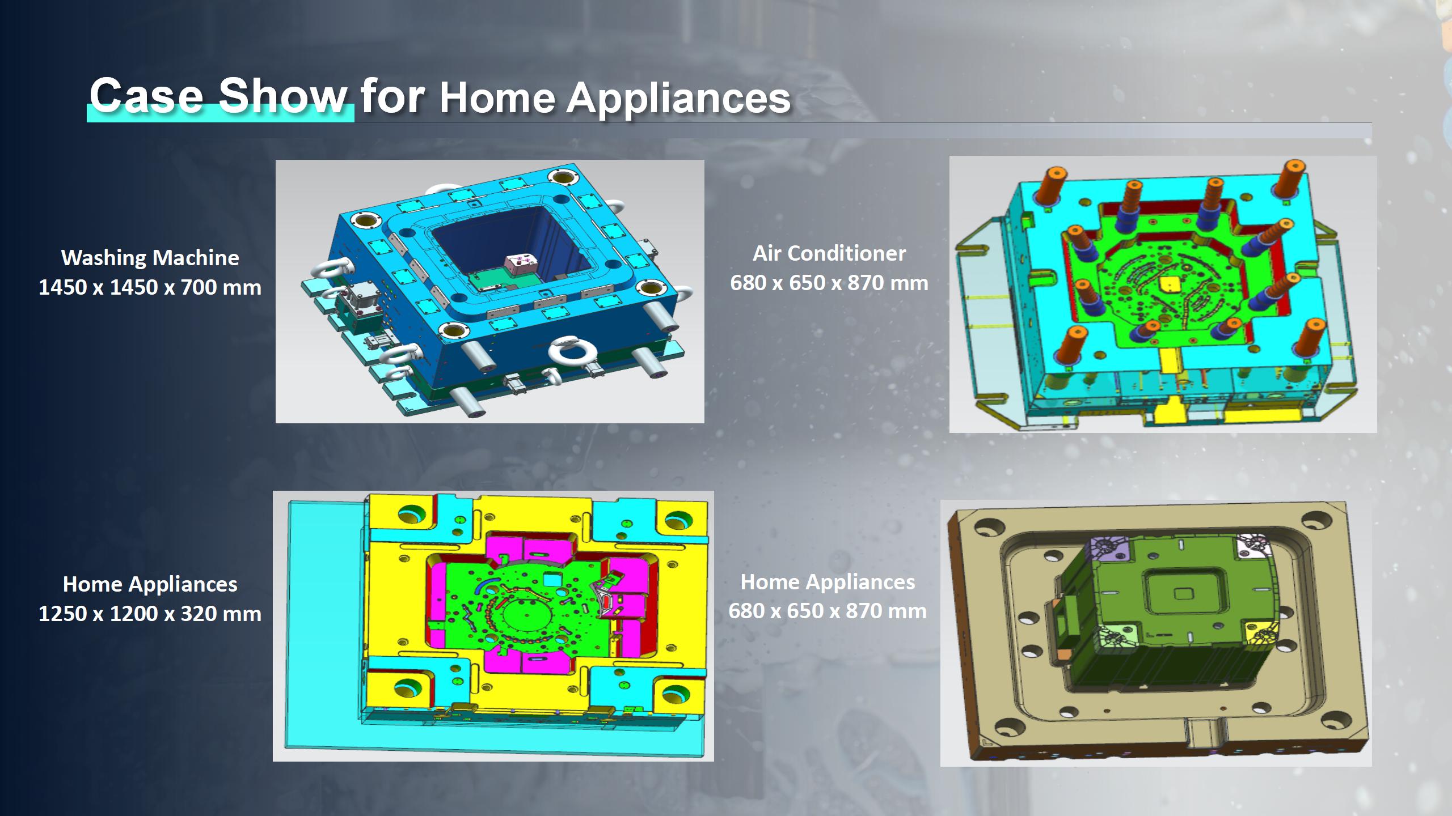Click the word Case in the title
(146, 95)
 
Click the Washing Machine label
(150, 258)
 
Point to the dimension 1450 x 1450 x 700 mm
(150, 287)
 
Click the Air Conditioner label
(829, 253)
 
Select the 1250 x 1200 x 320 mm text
(150, 614)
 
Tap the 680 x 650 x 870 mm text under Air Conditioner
(829, 283)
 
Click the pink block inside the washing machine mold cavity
(521, 263)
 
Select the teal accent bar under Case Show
(220, 113)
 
